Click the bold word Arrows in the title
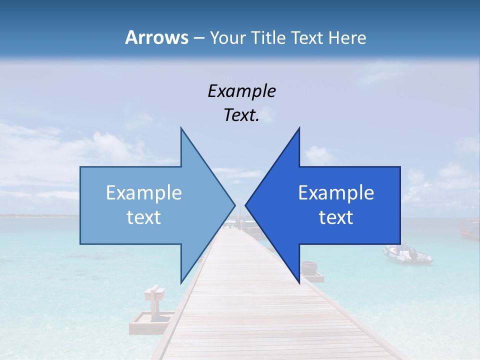tap(156, 37)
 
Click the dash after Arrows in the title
tap(198, 38)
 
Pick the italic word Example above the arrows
tap(241, 91)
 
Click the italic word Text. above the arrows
tap(241, 115)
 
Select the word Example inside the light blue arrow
tap(144, 192)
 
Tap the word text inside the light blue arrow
tap(144, 217)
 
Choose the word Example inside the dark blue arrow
tap(336, 192)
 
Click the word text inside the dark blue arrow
tap(336, 217)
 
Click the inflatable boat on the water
tap(406, 255)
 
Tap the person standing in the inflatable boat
tap(413, 252)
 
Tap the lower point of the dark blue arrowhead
tap(299, 282)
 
